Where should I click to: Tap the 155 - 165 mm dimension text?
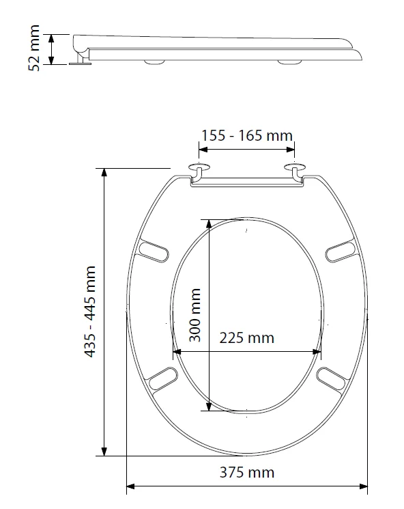tap(246, 135)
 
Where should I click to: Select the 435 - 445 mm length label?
tap(90, 312)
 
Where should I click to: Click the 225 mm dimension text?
tap(246, 338)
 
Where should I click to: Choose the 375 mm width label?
tap(246, 472)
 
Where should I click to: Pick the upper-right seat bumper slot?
tap(340, 251)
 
